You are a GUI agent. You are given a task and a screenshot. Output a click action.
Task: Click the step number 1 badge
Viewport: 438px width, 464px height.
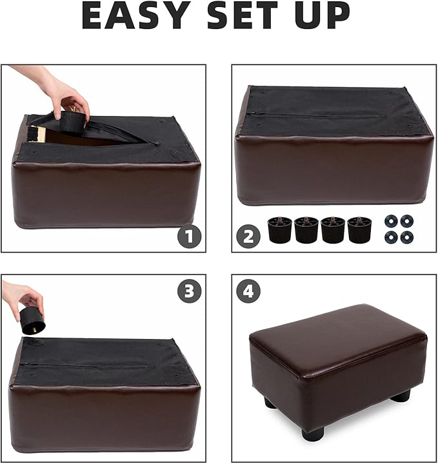(x=189, y=237)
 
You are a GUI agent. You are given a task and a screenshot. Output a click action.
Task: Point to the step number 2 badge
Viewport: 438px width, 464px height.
(x=248, y=237)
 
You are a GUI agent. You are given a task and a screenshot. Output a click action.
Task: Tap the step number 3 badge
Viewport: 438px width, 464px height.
(x=189, y=291)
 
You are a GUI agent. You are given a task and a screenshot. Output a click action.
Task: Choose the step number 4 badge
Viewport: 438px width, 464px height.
(x=248, y=291)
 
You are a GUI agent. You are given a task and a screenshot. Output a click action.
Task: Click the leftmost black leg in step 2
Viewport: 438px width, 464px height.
(x=279, y=230)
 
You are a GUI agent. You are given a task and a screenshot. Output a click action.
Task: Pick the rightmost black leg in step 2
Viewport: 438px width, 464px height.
(x=359, y=230)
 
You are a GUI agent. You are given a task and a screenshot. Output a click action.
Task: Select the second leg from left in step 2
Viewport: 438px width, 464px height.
(x=306, y=230)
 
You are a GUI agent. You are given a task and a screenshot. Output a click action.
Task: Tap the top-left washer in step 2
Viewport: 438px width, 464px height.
(x=390, y=221)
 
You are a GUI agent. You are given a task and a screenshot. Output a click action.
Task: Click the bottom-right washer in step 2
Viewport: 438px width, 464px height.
(x=406, y=237)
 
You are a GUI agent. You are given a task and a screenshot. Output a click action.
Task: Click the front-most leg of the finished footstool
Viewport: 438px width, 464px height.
(x=313, y=434)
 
